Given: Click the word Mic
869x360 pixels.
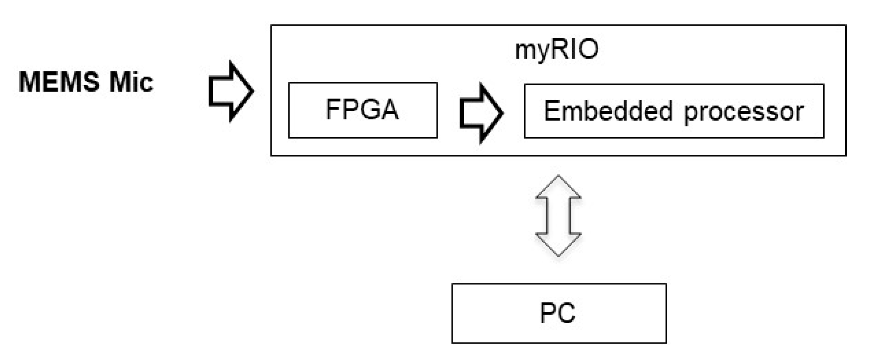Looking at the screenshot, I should pos(131,82).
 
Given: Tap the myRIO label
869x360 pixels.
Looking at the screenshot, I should pos(557,49).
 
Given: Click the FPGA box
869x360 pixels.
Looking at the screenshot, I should pos(363,110).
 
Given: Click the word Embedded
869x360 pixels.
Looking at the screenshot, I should pos(608,111).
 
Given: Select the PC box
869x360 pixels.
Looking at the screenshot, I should pos(559,313).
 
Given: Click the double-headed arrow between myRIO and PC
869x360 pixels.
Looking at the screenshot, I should pos(558,216).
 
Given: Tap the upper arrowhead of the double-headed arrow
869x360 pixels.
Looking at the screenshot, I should pos(558,188).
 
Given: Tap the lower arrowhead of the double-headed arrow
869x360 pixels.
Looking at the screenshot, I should pos(558,244).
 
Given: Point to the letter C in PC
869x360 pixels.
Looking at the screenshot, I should pos(567,313).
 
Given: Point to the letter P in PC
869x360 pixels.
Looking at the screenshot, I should pos(547,313).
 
